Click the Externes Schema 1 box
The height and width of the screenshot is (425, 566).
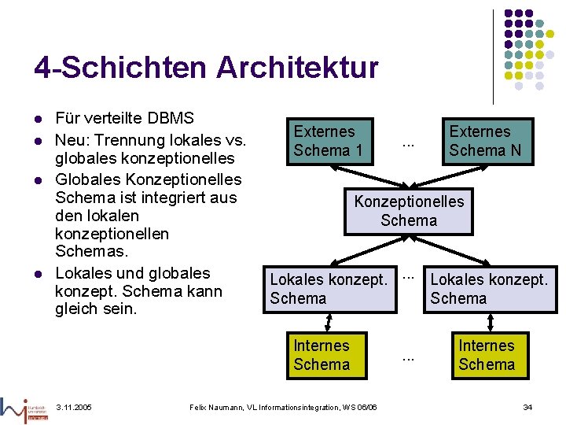tap(328, 141)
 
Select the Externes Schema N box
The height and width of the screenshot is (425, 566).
tap(485, 141)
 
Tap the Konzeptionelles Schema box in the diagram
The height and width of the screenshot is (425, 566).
tap(409, 211)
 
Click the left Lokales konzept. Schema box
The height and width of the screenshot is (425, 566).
tap(329, 289)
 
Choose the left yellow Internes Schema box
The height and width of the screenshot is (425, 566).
tap(322, 355)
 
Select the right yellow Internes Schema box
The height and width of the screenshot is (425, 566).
tap(487, 355)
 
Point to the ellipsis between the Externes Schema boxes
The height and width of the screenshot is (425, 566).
tap(408, 143)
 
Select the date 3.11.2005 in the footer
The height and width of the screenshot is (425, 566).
tap(74, 407)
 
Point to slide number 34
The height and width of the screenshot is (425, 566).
tap(527, 407)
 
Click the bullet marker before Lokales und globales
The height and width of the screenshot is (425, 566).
tap(37, 274)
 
